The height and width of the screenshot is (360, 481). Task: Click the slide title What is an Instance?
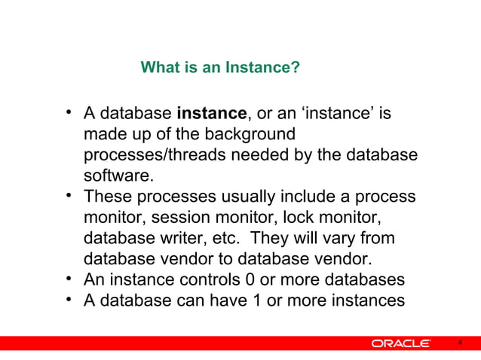[x=220, y=69]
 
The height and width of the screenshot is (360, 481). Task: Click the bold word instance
[x=211, y=114]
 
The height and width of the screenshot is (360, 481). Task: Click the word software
[x=118, y=176]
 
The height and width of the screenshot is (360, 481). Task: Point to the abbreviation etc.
[x=226, y=239]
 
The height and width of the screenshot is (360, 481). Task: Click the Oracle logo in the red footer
[x=400, y=344]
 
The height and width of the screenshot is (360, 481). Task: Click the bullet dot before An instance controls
[x=69, y=280]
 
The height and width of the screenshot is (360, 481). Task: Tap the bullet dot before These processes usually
[x=69, y=197]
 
